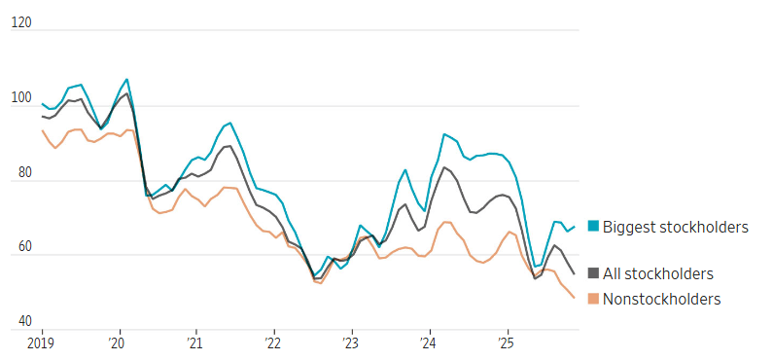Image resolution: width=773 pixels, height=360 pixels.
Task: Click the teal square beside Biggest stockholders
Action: (592, 227)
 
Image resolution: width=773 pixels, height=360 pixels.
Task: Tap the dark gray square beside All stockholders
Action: (592, 274)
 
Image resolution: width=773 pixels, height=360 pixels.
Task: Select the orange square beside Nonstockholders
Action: (592, 299)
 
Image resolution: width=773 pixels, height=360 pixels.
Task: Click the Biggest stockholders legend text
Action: (675, 227)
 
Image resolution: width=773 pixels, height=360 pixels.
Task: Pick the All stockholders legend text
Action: (658, 274)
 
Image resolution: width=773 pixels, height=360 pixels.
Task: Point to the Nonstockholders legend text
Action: (662, 299)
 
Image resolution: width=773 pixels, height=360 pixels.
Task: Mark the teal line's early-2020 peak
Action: (127, 80)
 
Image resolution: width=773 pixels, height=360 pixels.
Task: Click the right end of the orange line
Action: (574, 298)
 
